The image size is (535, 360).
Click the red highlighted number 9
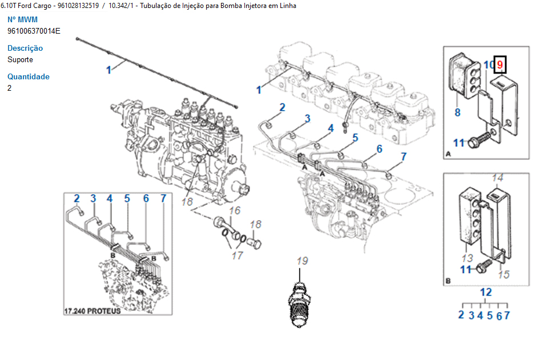tap(500, 65)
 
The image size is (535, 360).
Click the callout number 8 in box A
tap(457, 112)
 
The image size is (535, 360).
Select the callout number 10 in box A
tap(488, 65)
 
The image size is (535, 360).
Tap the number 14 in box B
tap(498, 177)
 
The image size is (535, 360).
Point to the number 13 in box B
tap(466, 258)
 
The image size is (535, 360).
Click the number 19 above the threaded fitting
tap(302, 261)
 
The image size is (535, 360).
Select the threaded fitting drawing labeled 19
tap(301, 303)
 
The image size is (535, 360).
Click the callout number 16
tap(235, 211)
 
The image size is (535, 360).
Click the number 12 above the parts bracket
tap(485, 292)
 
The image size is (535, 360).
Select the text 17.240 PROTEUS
tap(92, 312)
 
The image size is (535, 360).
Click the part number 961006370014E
tap(34, 31)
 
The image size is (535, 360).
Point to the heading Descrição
tap(25, 48)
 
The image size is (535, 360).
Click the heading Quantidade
tap(29, 77)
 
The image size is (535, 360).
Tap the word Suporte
tap(21, 60)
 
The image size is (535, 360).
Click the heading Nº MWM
tap(22, 20)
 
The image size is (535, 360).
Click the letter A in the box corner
tap(447, 154)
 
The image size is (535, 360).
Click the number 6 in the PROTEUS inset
tap(146, 199)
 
